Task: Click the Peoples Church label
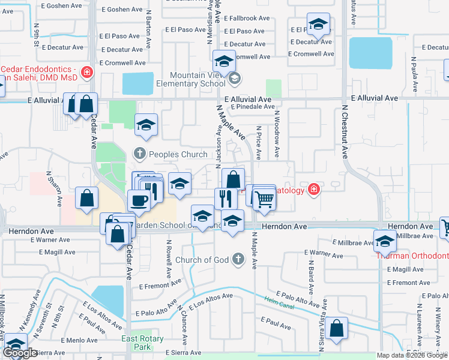click(178, 154)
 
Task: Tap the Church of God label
click(203, 260)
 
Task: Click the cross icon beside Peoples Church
click(140, 154)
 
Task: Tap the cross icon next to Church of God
click(239, 259)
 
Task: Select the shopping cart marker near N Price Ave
click(264, 198)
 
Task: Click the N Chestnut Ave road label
click(345, 132)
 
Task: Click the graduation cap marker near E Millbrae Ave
click(385, 242)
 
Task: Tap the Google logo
click(20, 353)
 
